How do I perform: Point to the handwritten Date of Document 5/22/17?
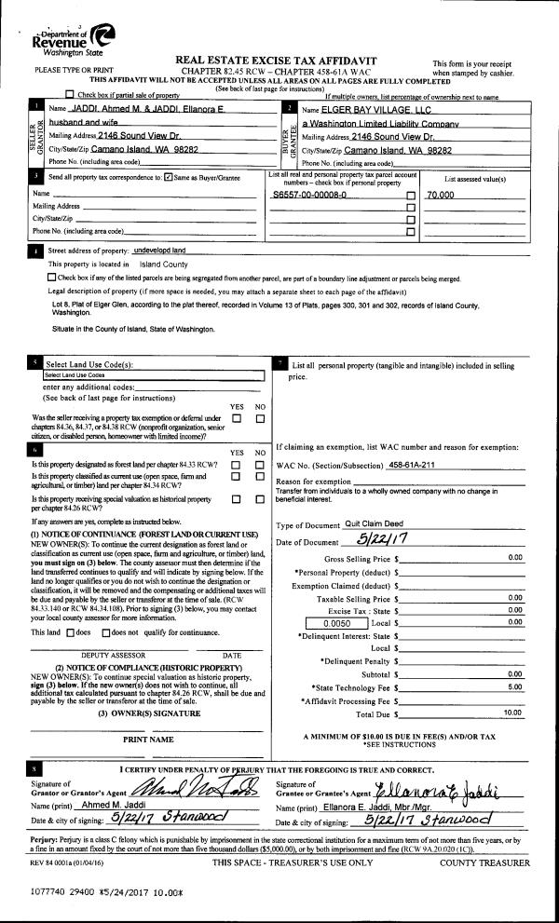click(385, 540)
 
